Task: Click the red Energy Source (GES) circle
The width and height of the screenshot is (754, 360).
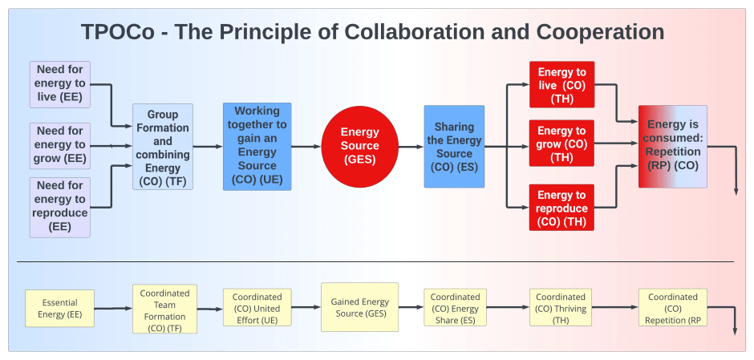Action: click(360, 146)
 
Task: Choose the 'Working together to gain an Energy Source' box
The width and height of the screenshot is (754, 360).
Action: click(257, 146)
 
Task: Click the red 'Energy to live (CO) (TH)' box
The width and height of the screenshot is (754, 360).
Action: click(561, 85)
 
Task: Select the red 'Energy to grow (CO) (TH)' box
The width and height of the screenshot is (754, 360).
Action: click(561, 144)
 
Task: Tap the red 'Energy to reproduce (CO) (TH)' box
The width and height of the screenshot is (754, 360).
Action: click(561, 207)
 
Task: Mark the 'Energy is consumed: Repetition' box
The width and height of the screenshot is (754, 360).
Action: click(672, 146)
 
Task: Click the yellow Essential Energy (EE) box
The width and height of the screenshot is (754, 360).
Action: click(59, 309)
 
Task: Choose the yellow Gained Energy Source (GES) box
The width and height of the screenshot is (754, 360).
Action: click(359, 307)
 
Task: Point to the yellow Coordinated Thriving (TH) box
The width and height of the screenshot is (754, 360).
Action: click(561, 309)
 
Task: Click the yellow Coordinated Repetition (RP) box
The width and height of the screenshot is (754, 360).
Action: click(672, 309)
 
